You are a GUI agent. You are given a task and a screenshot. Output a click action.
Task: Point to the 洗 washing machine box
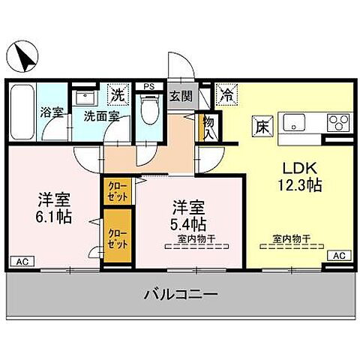click(117, 94)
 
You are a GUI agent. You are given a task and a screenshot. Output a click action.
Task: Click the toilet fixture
click(150, 110)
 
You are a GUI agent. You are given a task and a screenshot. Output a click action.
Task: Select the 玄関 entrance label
click(181, 96)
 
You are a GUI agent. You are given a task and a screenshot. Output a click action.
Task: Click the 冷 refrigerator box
click(225, 95)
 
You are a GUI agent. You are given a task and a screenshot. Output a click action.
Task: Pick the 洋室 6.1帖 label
click(54, 208)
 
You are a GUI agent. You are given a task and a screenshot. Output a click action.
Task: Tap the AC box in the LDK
click(338, 255)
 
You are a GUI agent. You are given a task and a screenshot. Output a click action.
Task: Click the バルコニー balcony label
click(181, 295)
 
